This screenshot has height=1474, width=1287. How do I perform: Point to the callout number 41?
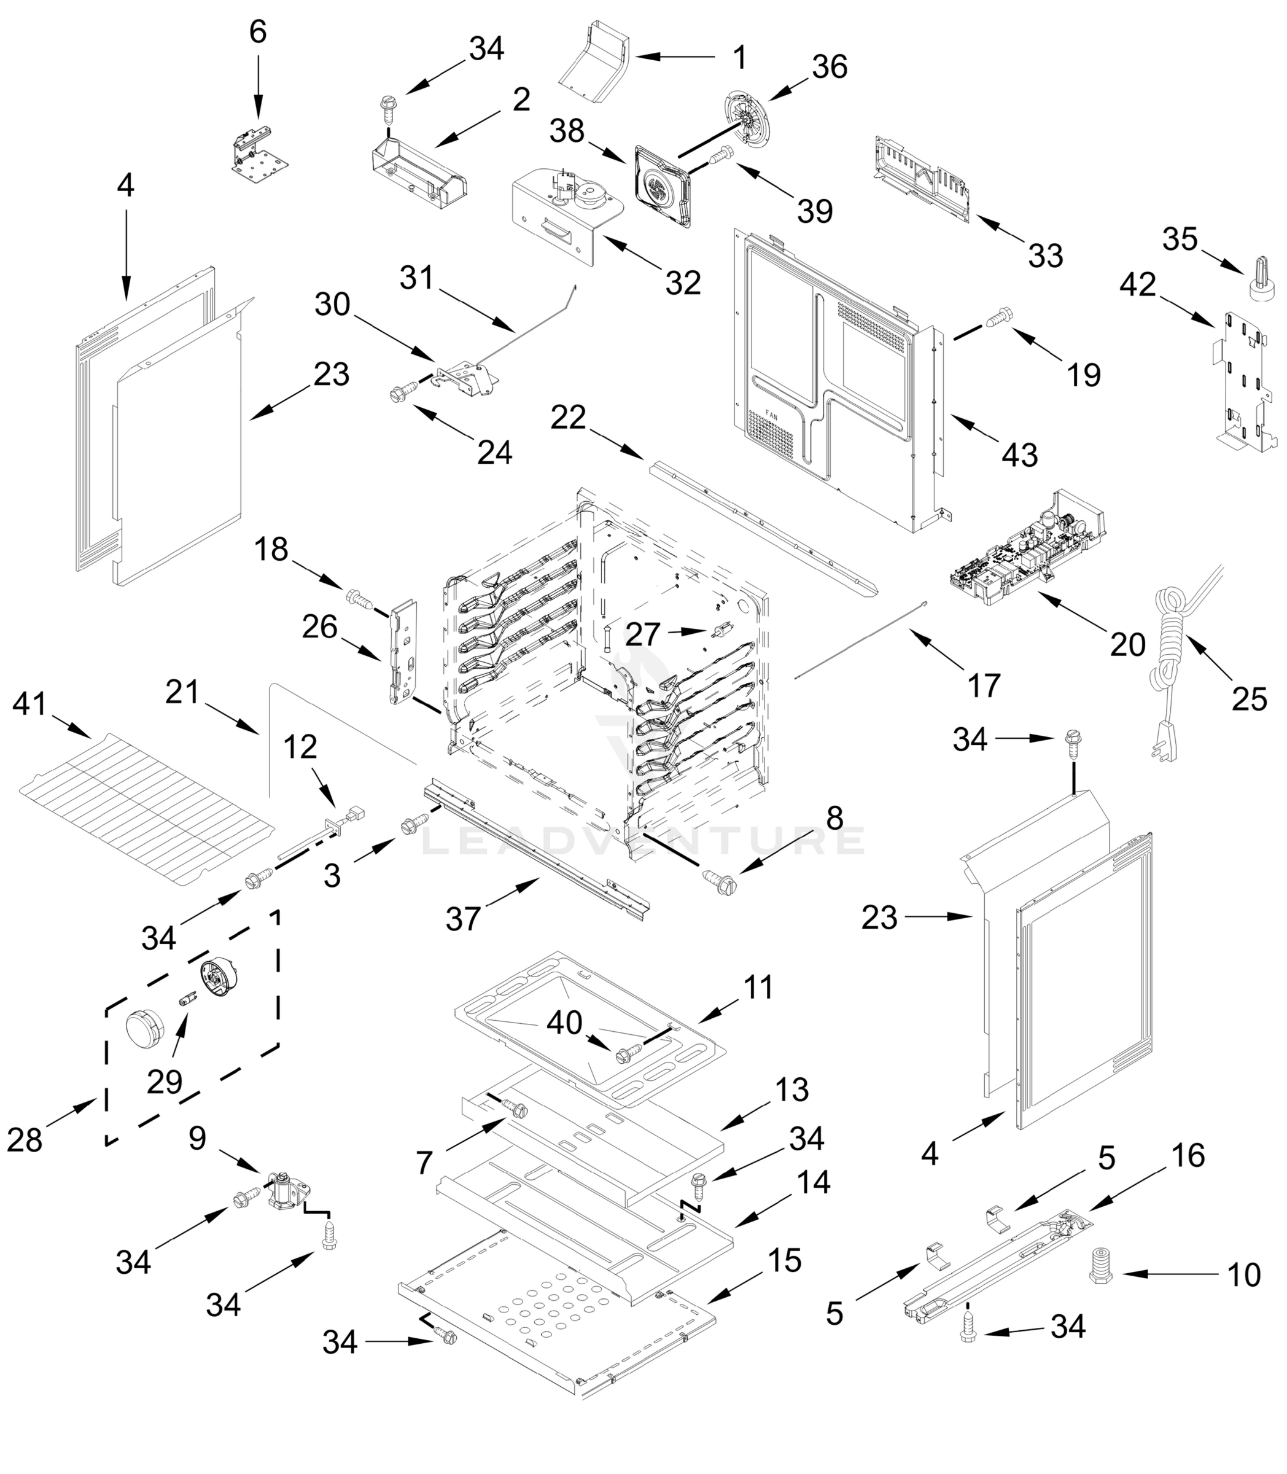coord(29,704)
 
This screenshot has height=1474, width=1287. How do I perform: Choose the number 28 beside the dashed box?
coord(25,1140)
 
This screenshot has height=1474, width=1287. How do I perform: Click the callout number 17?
coord(983,686)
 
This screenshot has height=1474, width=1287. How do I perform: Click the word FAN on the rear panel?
coord(771,415)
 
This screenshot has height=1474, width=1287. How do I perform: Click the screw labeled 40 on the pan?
coord(623,1055)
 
